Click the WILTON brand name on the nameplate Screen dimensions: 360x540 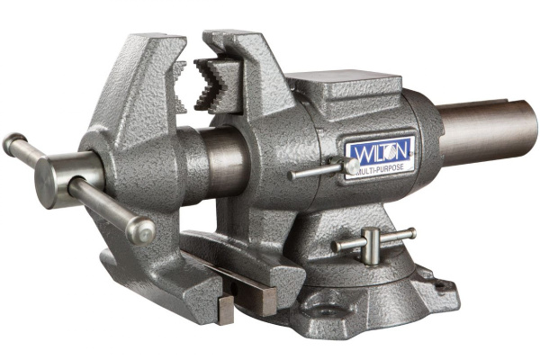381,148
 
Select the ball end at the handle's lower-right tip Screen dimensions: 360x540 141,230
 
